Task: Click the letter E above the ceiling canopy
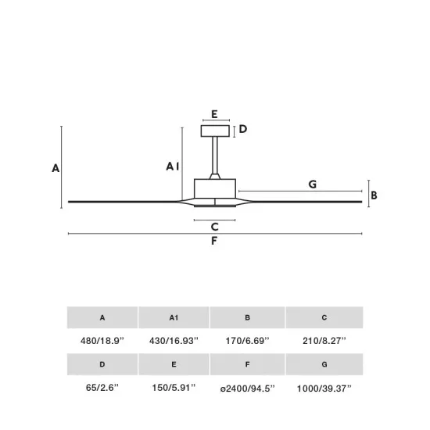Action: [x=214, y=114]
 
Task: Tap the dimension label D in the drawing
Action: [x=243, y=129]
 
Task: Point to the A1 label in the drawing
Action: [x=173, y=167]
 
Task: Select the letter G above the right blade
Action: [x=313, y=184]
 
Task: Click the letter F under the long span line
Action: [x=214, y=241]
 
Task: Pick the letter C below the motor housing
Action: [x=215, y=227]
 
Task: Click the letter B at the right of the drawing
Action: [x=374, y=195]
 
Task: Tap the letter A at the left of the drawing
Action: [x=56, y=168]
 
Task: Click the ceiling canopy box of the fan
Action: [x=215, y=131]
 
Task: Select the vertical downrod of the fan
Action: [x=215, y=155]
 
